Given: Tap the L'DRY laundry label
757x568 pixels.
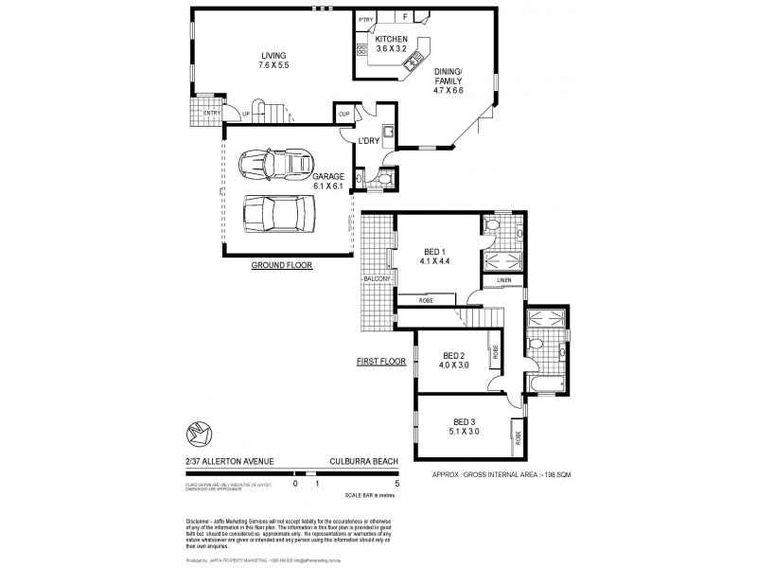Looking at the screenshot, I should click(x=369, y=142).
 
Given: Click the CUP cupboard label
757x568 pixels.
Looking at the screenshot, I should click(x=343, y=115).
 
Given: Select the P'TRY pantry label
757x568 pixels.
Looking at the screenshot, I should click(x=365, y=19).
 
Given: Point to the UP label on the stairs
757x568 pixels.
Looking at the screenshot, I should click(x=246, y=115).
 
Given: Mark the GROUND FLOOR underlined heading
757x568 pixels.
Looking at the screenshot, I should click(x=281, y=266).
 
